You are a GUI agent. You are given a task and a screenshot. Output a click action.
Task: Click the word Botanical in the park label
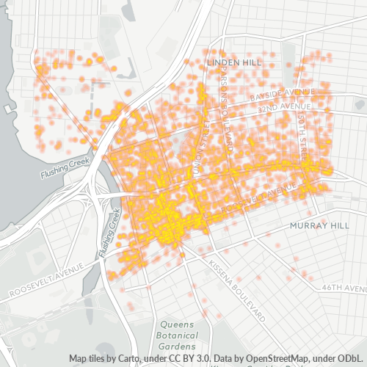click(178, 335)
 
